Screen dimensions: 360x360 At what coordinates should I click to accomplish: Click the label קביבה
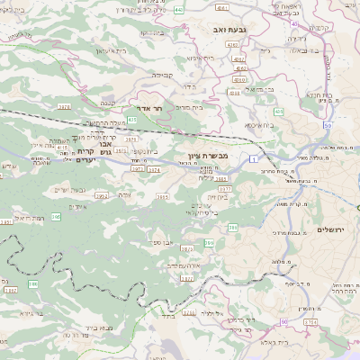162,76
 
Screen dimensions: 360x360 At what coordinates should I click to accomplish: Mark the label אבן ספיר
162,243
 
